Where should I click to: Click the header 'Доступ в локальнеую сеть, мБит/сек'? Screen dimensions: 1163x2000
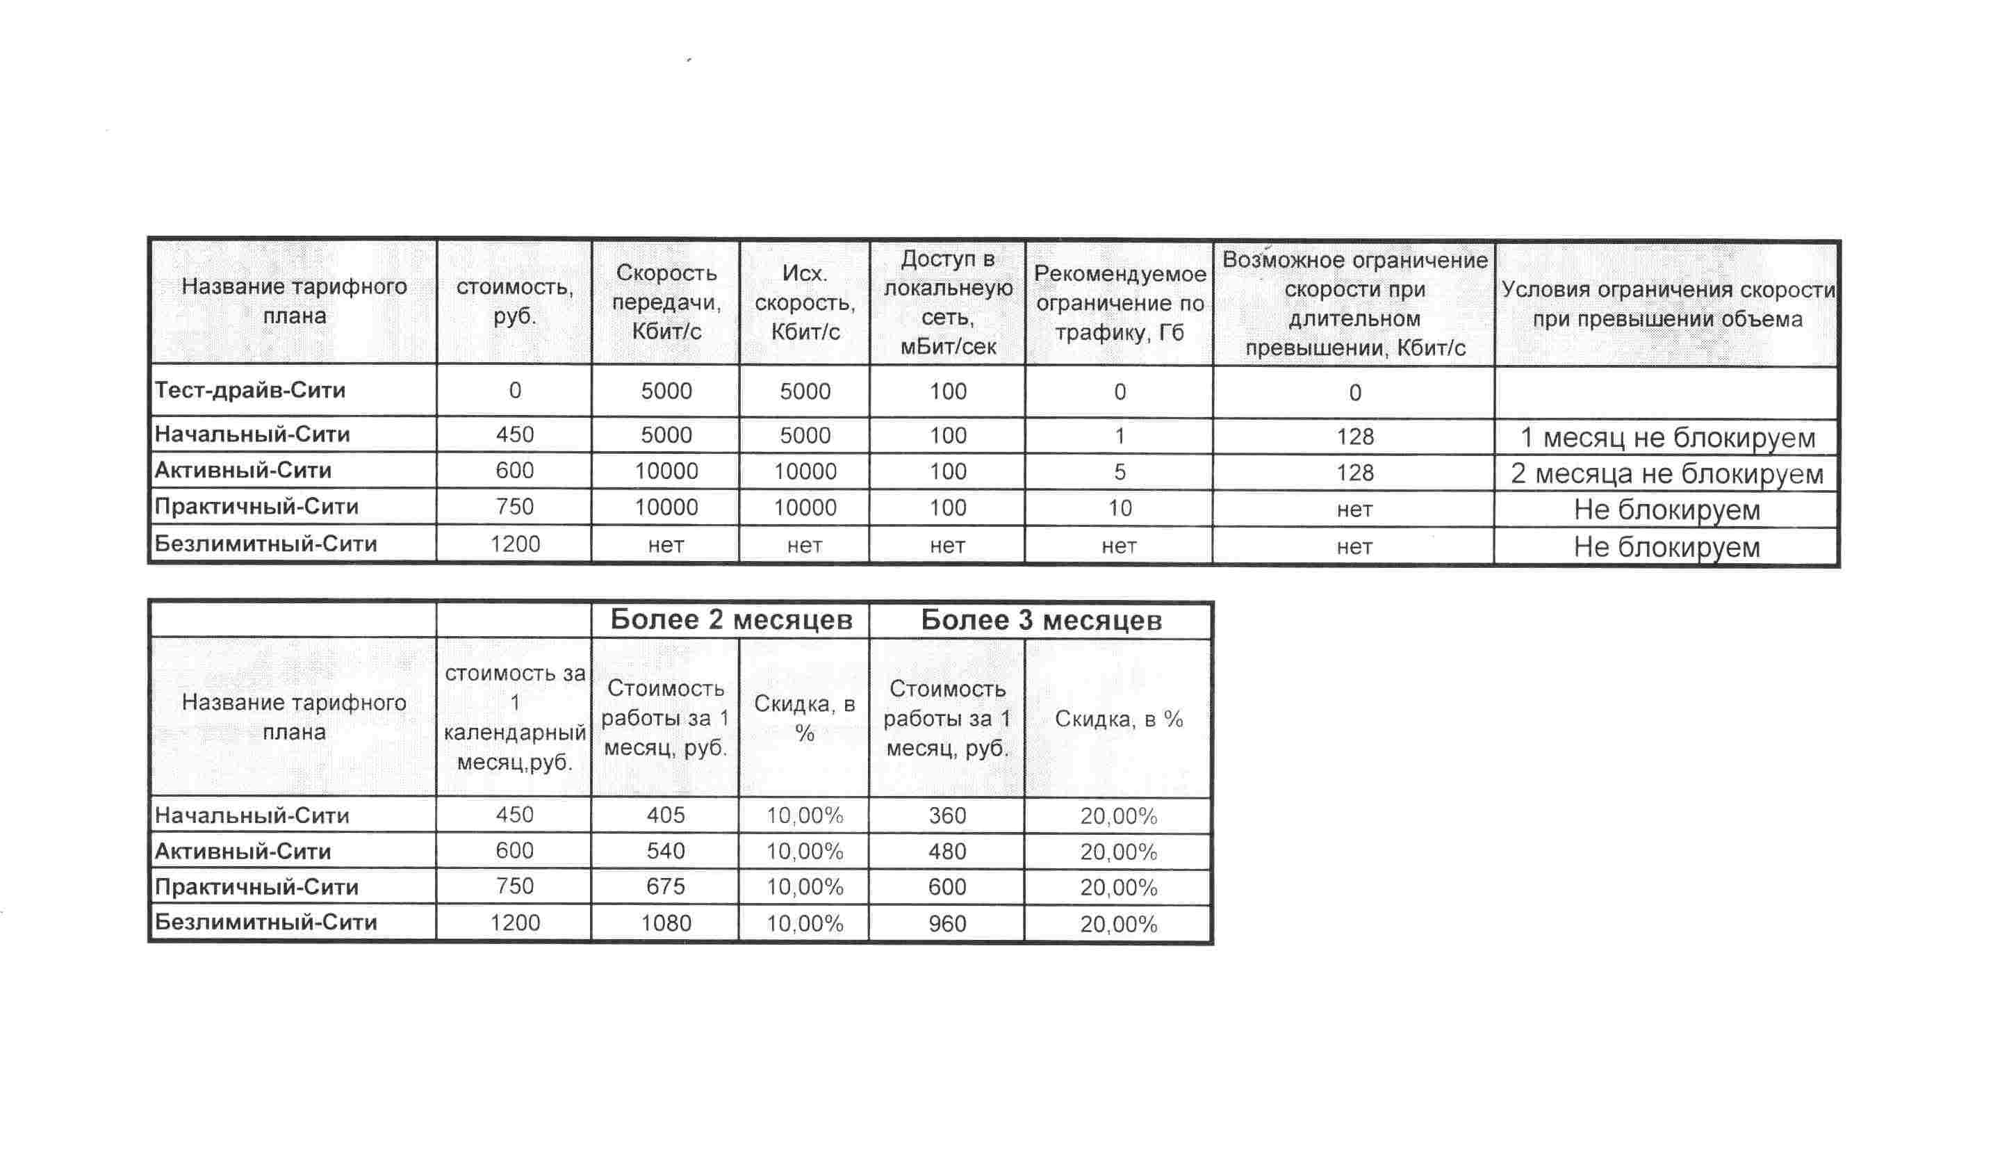click(948, 302)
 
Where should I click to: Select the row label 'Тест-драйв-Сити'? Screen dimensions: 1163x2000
click(251, 391)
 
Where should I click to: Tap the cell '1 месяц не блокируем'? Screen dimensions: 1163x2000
click(1666, 437)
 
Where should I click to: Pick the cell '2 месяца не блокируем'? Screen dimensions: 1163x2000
click(1666, 474)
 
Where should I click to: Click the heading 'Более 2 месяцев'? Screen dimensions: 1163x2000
click(731, 620)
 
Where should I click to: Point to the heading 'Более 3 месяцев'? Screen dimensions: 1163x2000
click(1040, 621)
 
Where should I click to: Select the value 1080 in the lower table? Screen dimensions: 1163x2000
click(666, 923)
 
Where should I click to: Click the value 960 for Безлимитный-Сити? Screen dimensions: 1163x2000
click(946, 924)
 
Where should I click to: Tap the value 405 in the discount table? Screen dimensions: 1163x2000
click(665, 815)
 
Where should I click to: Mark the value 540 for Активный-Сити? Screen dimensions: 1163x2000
click(665, 851)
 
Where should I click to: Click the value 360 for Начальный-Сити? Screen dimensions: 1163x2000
click(946, 816)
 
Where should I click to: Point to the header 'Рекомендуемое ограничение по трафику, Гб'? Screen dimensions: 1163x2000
click(1119, 303)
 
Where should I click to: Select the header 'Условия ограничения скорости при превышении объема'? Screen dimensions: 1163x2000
click(1666, 304)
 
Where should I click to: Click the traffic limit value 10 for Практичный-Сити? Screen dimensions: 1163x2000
click(1119, 508)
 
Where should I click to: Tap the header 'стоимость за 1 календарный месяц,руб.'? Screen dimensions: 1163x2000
click(514, 717)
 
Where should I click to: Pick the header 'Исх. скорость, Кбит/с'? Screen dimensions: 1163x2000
click(805, 302)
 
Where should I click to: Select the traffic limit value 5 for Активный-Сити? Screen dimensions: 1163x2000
click(1119, 472)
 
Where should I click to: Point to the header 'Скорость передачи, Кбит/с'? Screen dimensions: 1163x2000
click(666, 302)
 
